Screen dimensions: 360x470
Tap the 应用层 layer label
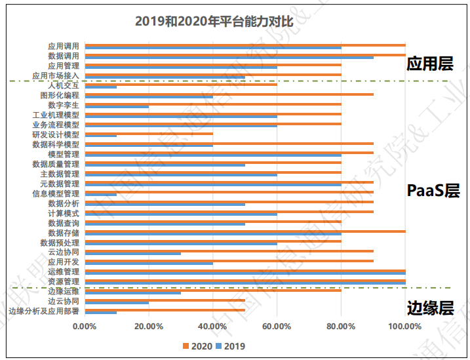click(x=429, y=64)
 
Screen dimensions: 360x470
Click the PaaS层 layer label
click(x=433, y=191)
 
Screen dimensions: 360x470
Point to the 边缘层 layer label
click(x=430, y=308)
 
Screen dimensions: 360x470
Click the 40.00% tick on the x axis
click(x=212, y=326)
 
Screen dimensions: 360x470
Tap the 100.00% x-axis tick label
click(x=404, y=326)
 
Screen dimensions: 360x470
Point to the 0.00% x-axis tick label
click(x=85, y=326)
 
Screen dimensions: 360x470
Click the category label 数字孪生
click(x=64, y=105)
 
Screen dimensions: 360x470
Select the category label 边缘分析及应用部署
click(x=44, y=311)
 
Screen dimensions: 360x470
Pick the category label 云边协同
click(x=64, y=252)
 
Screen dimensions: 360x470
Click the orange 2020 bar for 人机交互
click(x=181, y=84)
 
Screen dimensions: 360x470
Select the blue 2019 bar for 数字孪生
click(x=117, y=106)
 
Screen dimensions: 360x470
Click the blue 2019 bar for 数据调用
click(x=229, y=58)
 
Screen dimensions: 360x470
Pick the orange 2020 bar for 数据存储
click(x=245, y=231)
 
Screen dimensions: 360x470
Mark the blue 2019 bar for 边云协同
click(x=117, y=302)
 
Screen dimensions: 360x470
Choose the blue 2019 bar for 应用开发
click(x=149, y=263)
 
